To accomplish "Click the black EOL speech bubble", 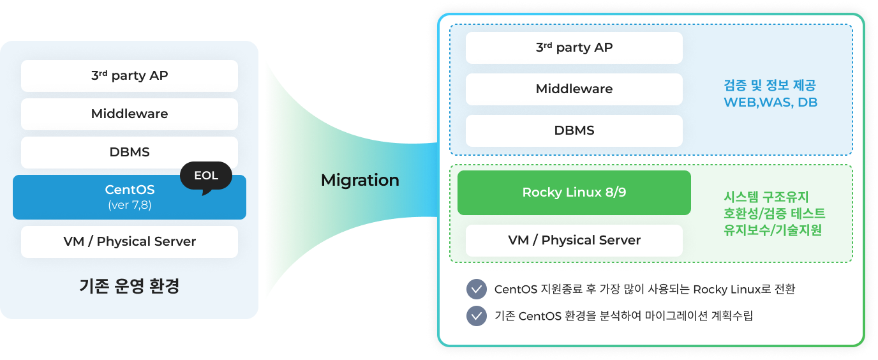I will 206,176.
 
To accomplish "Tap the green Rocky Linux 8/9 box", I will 574,192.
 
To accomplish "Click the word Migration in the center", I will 360,180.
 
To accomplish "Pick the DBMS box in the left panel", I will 129,152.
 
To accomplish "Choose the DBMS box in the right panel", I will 574,130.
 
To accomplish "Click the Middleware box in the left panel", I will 129,114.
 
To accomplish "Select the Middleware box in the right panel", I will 574,89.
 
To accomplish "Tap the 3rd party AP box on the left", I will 129,75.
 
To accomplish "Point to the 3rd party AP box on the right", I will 574,47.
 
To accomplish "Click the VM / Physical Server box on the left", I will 129,241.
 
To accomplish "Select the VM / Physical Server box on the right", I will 574,240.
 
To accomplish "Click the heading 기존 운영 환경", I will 129,286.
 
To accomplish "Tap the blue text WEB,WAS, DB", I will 770,102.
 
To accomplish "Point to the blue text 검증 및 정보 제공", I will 770,86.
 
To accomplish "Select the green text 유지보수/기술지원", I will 773,230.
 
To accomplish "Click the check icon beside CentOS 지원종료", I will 477,289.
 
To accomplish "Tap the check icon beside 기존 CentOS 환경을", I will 477,316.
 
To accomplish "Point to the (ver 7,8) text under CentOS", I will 130,206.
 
